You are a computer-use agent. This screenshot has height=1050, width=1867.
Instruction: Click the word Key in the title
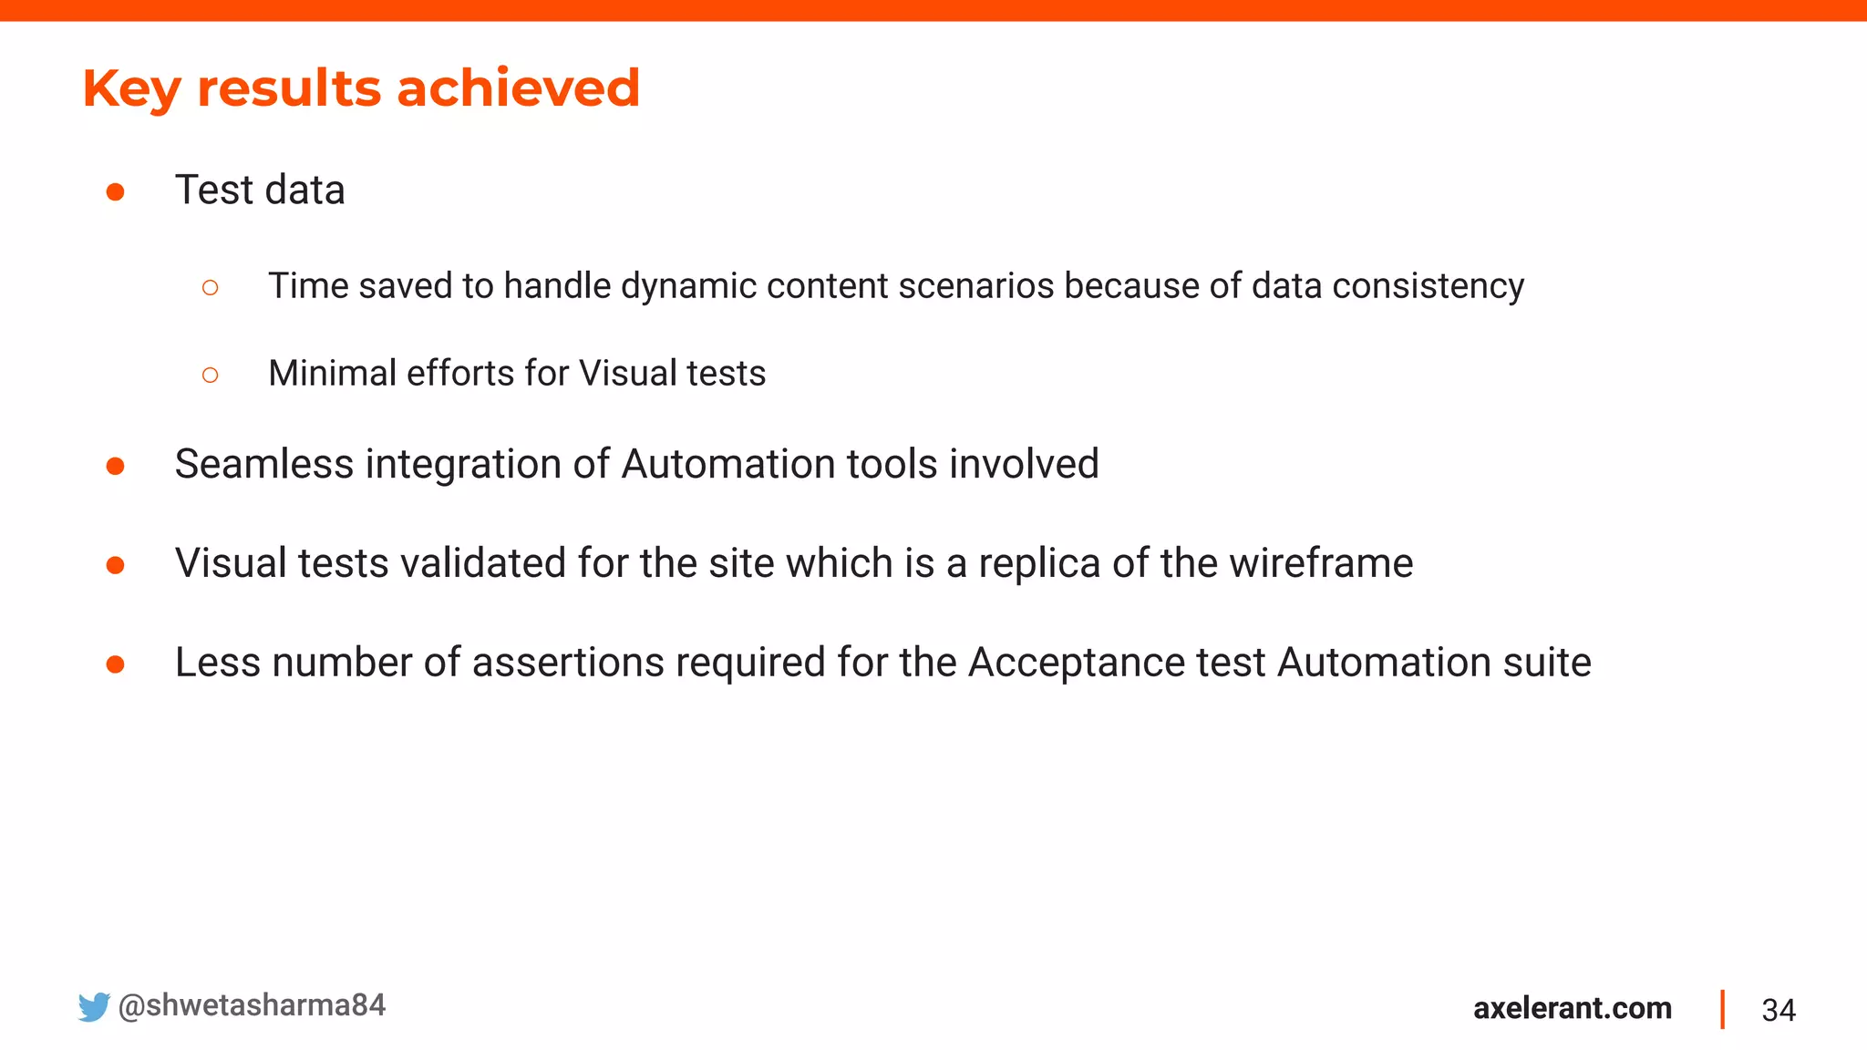point(131,89)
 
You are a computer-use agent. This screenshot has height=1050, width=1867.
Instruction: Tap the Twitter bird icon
point(93,1007)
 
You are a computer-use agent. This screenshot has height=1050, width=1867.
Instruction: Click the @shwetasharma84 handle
point(252,1005)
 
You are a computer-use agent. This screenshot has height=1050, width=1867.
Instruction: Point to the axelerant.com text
point(1572,1008)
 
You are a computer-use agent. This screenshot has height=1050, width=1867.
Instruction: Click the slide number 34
point(1778,1010)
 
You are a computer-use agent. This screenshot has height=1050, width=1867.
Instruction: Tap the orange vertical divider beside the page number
point(1722,1009)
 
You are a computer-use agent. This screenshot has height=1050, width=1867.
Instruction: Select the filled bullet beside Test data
point(115,191)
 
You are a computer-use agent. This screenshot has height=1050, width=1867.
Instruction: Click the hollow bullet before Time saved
point(210,288)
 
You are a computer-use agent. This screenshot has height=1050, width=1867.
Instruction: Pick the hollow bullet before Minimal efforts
point(210,375)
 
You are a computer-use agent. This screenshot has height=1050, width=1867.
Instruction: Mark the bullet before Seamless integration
point(115,467)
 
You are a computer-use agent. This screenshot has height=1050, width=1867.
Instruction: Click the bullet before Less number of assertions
point(115,664)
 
